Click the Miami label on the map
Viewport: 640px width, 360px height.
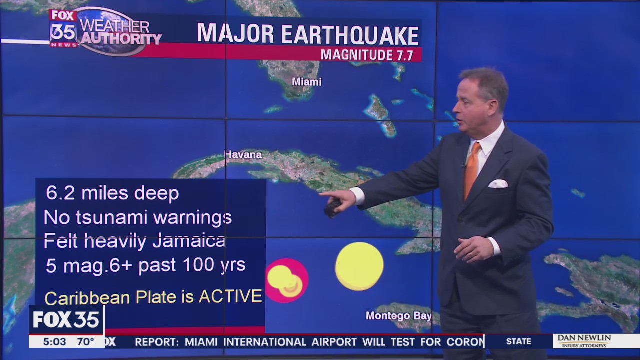click(306, 82)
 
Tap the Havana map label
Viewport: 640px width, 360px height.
click(243, 155)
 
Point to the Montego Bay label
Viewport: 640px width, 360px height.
click(398, 316)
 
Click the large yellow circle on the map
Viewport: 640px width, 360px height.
click(359, 266)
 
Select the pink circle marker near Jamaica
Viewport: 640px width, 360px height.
click(287, 280)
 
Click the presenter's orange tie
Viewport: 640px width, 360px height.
click(471, 170)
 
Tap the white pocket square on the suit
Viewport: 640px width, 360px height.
click(497, 184)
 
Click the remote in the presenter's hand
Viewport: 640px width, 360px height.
click(332, 208)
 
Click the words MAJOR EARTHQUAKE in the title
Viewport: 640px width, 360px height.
click(307, 34)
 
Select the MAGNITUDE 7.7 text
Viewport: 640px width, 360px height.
click(367, 55)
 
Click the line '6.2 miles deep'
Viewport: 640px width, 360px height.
click(112, 193)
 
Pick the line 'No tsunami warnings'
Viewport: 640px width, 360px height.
click(138, 217)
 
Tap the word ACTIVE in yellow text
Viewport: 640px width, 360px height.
click(230, 296)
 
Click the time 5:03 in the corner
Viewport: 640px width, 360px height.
click(54, 342)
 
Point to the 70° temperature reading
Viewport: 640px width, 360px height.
click(85, 342)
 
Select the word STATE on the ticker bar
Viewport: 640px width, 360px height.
click(518, 342)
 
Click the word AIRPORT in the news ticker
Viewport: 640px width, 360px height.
click(334, 342)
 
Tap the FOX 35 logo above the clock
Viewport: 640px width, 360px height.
click(66, 320)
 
